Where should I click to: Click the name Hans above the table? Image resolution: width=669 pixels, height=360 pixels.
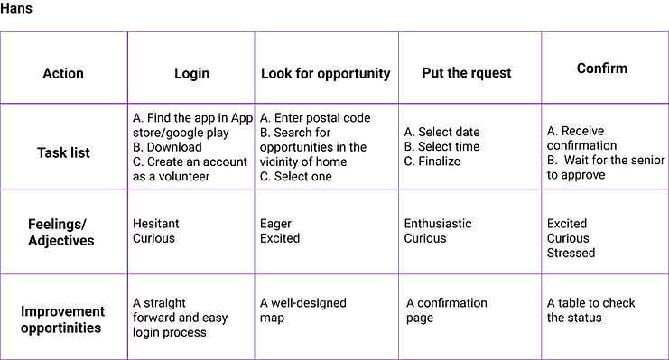click(x=15, y=8)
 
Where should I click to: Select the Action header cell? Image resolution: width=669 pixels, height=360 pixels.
click(x=63, y=73)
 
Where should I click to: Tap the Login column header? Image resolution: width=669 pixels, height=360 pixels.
click(x=191, y=74)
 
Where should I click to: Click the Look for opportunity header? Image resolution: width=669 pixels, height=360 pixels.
click(x=326, y=74)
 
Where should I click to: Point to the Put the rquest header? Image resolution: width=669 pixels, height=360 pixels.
click(x=467, y=73)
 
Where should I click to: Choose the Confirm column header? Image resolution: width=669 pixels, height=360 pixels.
click(x=602, y=69)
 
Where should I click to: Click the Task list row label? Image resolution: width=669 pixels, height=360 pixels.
click(x=63, y=152)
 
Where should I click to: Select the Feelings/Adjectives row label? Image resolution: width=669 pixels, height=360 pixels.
click(x=61, y=232)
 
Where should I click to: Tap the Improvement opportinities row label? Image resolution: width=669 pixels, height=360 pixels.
click(x=62, y=319)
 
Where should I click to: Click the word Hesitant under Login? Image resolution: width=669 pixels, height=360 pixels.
click(x=155, y=224)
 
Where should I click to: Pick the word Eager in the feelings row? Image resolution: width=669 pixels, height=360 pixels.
click(x=275, y=224)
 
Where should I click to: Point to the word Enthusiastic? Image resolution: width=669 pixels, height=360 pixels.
click(x=438, y=224)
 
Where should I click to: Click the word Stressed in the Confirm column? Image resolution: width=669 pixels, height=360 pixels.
click(x=571, y=253)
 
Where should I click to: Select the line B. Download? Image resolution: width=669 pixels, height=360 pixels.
click(x=167, y=147)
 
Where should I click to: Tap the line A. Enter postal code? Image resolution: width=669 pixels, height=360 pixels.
click(x=315, y=117)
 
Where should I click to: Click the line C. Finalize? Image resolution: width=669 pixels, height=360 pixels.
click(x=432, y=162)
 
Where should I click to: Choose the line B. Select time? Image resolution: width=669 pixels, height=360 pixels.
click(x=441, y=147)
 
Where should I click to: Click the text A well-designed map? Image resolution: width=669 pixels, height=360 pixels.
click(x=303, y=310)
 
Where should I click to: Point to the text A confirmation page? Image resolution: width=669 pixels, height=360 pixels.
click(x=446, y=310)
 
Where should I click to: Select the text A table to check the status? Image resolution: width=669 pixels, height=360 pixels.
click(x=591, y=310)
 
